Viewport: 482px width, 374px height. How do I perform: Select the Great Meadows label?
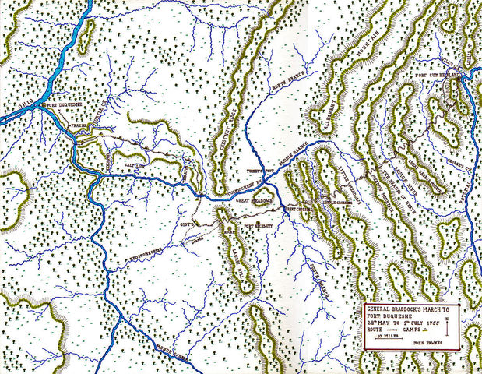pos(253,200)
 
